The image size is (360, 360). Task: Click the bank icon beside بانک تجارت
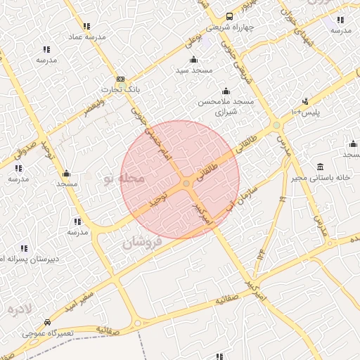120,79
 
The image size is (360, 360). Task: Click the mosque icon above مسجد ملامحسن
226,91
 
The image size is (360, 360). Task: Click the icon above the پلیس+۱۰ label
305,102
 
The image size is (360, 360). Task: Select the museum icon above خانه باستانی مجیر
321,167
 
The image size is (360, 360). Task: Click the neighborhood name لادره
21,309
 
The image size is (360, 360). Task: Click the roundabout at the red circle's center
186,184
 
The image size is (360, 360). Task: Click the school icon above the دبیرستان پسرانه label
25,249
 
